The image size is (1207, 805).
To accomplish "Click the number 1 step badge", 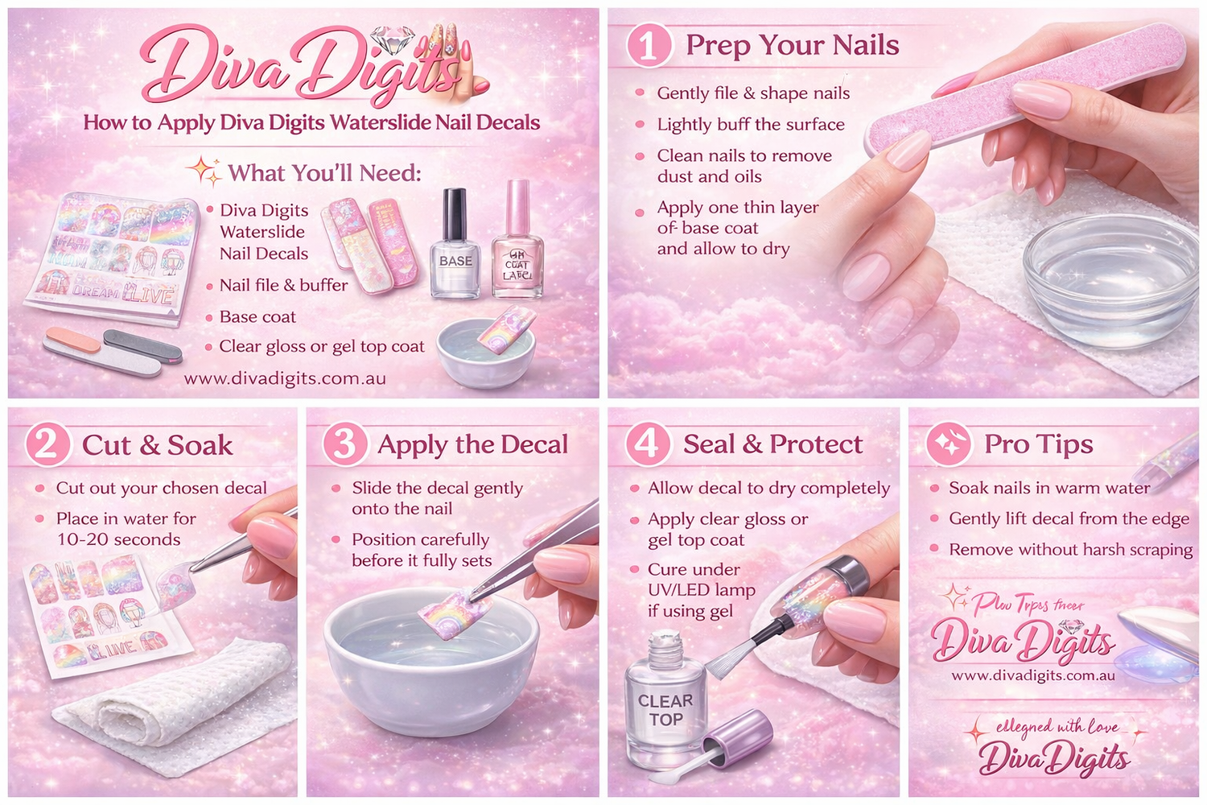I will [x=649, y=45].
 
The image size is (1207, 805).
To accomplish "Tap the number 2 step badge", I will [x=47, y=444].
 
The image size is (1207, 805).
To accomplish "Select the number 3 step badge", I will [x=344, y=444].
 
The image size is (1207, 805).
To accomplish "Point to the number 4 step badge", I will [x=648, y=444].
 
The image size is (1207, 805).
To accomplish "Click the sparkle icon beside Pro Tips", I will [x=949, y=444].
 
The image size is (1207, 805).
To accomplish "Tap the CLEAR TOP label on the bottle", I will [x=665, y=710].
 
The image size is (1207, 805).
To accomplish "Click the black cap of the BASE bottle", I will [x=455, y=213].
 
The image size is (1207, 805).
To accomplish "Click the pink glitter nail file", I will [x=1022, y=89].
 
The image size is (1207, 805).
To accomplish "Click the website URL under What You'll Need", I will [x=285, y=378].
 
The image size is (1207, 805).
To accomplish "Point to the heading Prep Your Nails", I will [x=792, y=45].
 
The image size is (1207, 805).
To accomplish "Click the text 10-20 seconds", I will [x=118, y=539].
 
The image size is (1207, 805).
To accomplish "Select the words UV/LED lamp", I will [x=702, y=590].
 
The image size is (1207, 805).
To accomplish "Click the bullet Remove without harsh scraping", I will [x=1070, y=550].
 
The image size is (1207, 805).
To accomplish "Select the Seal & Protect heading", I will [x=772, y=444].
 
